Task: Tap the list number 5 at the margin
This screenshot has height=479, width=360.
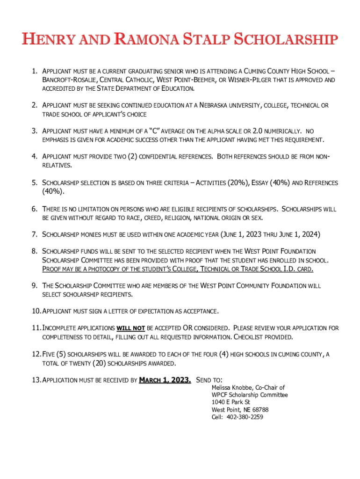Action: pos(34,183)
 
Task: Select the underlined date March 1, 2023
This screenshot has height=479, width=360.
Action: pos(165,380)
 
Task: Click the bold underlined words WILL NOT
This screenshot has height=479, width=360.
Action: pos(130,328)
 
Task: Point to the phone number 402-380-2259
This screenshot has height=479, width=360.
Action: pos(244,417)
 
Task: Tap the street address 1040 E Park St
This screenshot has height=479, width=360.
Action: pos(231,402)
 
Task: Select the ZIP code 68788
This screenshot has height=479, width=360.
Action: pos(259,410)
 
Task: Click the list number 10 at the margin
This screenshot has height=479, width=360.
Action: pos(36,311)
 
